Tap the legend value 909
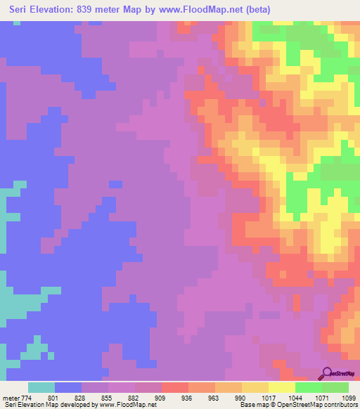click(161, 398)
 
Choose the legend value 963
click(214, 398)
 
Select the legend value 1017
click(267, 398)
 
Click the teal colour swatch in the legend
click(41, 387)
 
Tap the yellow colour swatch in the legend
click(282, 387)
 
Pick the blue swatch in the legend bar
click(68, 387)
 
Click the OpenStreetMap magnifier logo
click(328, 373)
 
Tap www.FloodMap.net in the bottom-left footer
click(127, 405)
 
